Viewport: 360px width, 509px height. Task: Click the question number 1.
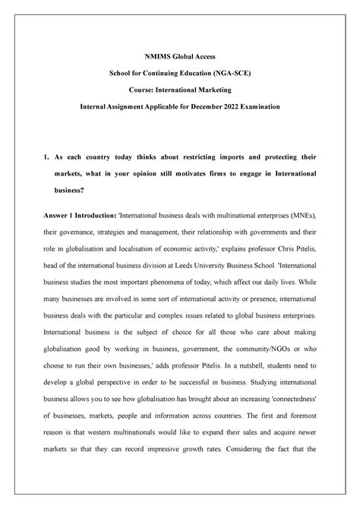pos(46,156)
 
